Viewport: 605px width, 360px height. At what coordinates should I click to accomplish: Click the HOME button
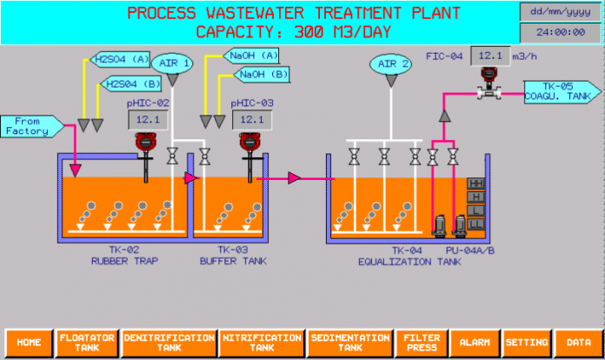[x=29, y=343]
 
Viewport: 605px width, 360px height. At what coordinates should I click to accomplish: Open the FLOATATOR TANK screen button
[x=86, y=343]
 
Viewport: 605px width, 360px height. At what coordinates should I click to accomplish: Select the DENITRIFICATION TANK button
[x=169, y=343]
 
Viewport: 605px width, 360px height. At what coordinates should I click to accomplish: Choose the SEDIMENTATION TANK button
[x=350, y=343]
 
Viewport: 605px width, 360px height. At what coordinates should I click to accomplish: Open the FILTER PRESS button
[x=422, y=343]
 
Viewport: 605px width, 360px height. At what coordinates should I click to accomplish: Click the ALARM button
[x=475, y=343]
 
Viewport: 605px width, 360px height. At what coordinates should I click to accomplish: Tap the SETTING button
[x=527, y=343]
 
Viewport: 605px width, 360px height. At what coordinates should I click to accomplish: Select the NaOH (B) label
[x=264, y=76]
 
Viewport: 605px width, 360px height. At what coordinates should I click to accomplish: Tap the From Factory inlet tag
[x=30, y=126]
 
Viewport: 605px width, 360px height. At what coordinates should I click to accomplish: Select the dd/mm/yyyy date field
[x=560, y=11]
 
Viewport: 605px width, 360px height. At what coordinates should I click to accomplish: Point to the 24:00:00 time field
[x=560, y=32]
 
